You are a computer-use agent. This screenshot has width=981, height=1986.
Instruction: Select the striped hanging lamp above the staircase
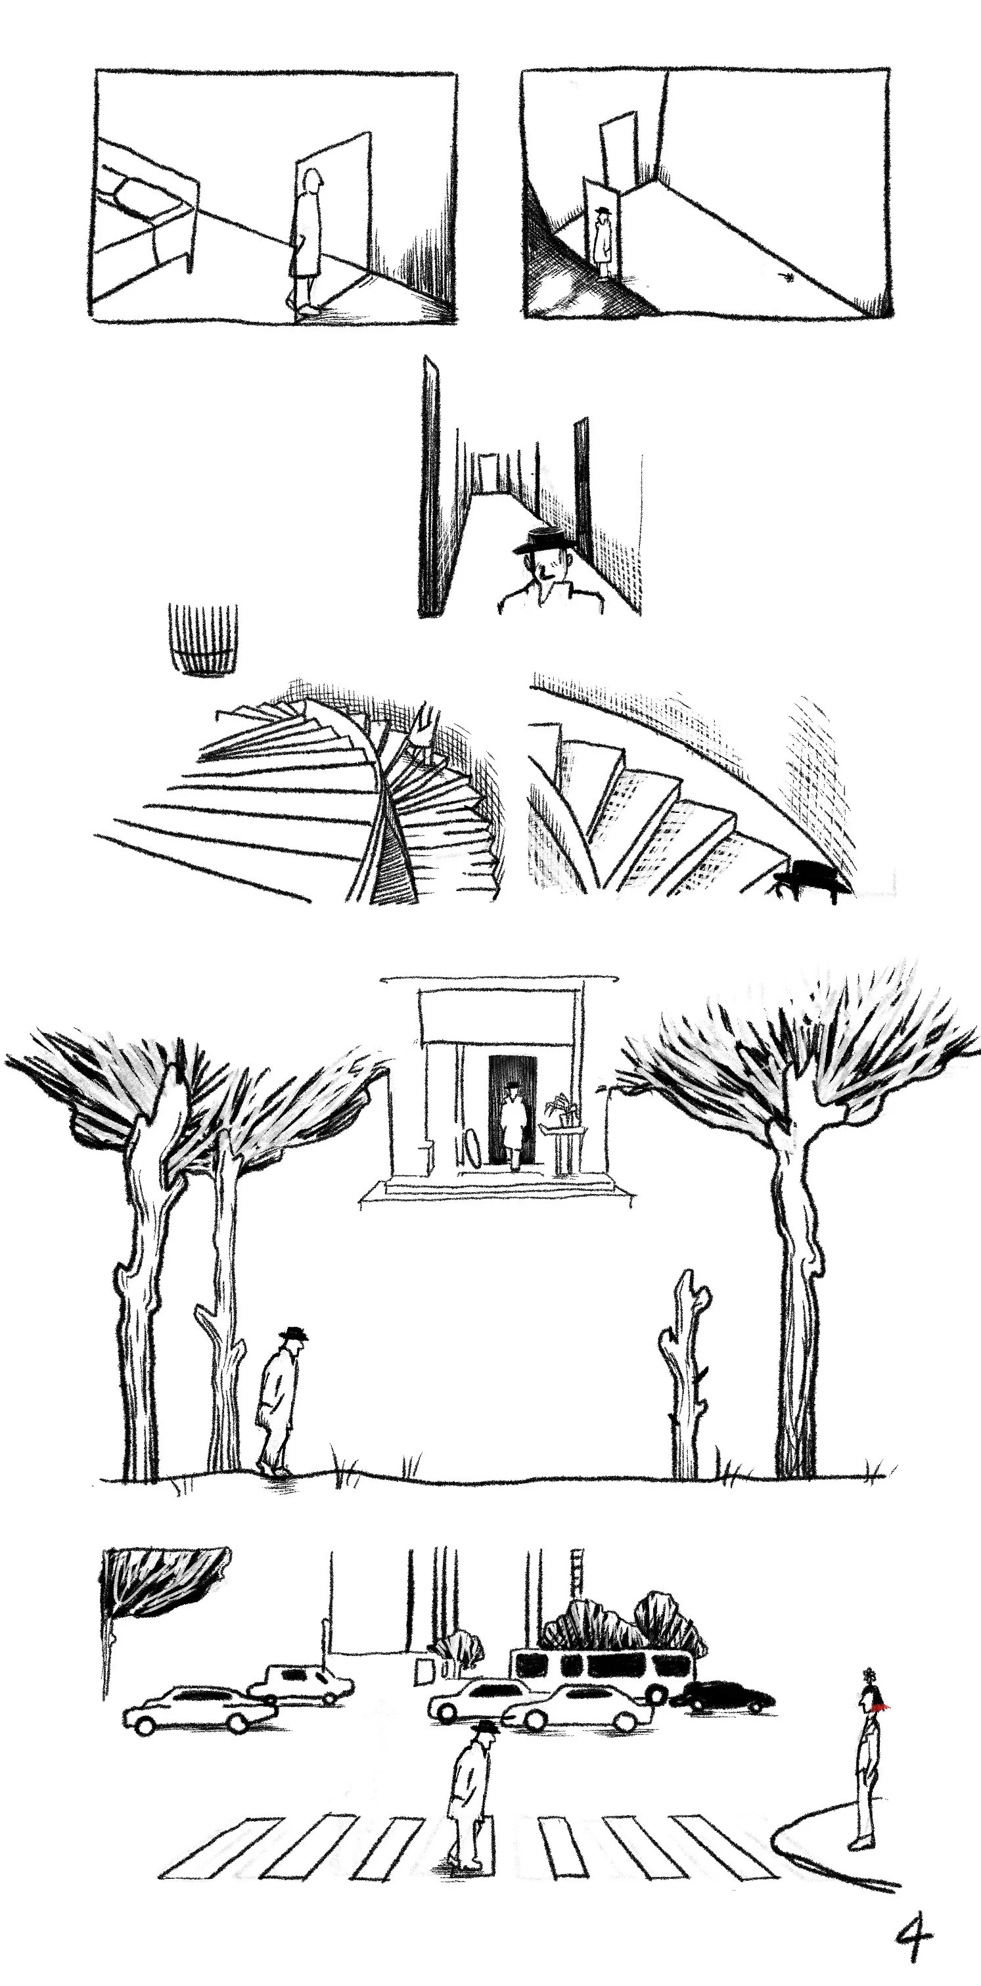202,641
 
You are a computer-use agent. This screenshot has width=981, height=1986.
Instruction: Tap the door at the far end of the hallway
486,473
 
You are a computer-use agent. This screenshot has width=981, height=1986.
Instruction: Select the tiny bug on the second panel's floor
788,275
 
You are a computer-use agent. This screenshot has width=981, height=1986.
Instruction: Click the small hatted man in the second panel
604,241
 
